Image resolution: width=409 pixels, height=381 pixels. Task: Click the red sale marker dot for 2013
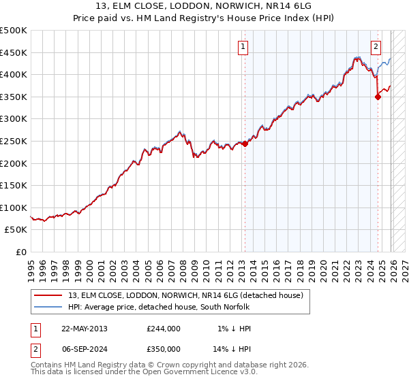point(245,144)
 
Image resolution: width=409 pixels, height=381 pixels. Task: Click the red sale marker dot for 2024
point(378,97)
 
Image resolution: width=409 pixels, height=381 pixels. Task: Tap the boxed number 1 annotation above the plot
point(243,47)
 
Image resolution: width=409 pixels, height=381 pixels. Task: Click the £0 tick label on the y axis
point(22,252)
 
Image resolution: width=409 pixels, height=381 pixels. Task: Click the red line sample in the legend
point(48,295)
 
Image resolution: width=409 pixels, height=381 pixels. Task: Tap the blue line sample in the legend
point(48,307)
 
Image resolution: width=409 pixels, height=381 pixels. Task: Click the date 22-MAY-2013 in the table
point(84,329)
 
